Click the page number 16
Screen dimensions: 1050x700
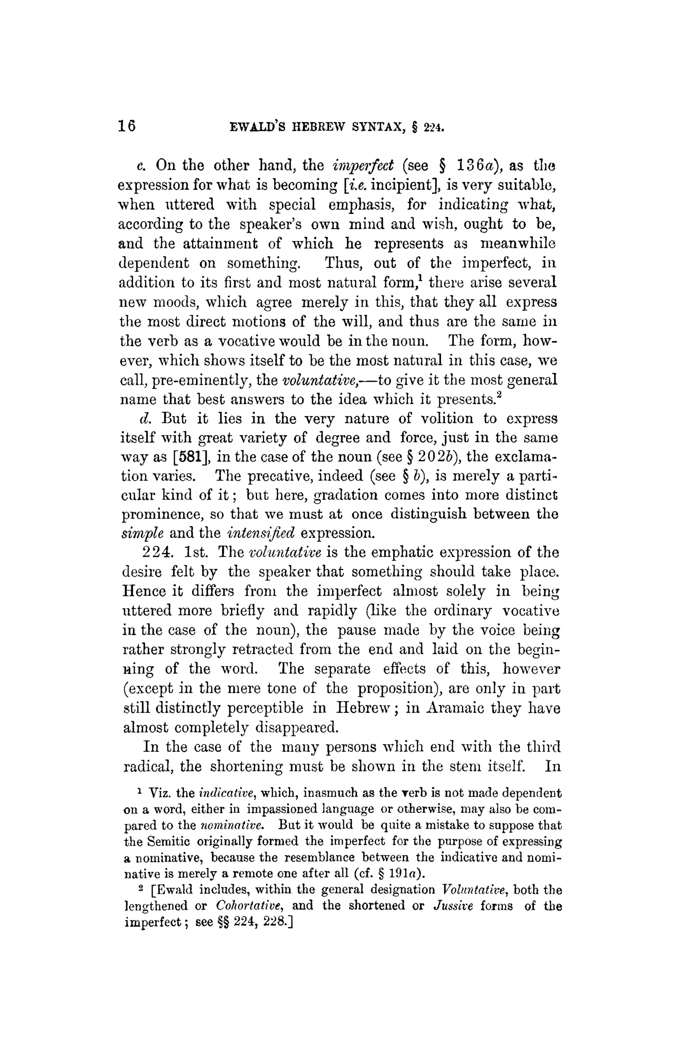tap(127, 127)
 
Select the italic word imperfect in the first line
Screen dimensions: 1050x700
tap(363, 166)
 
